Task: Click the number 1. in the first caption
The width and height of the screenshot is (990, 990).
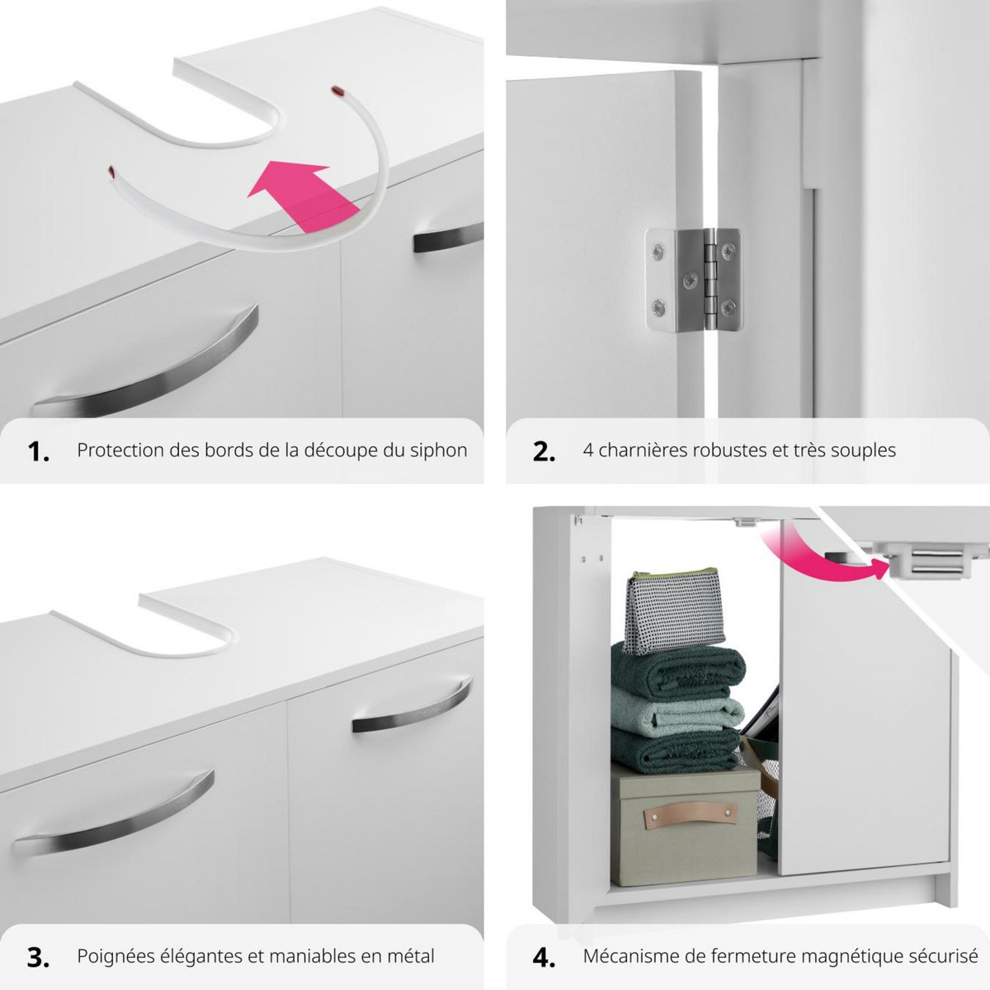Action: tap(38, 451)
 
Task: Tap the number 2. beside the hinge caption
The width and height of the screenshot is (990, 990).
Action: tap(544, 451)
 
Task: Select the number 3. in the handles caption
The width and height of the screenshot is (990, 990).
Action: tap(38, 957)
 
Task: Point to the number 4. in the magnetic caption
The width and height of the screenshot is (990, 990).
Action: tap(544, 957)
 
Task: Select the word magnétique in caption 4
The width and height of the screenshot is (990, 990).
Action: tap(841, 956)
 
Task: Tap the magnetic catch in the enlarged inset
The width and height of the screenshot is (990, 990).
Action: tap(928, 564)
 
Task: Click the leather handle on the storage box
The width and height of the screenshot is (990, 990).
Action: tap(684, 817)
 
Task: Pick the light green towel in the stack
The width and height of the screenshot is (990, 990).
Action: tap(676, 712)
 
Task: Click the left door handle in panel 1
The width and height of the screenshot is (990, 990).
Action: tap(148, 363)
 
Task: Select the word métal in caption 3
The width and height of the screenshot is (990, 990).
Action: tap(411, 956)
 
